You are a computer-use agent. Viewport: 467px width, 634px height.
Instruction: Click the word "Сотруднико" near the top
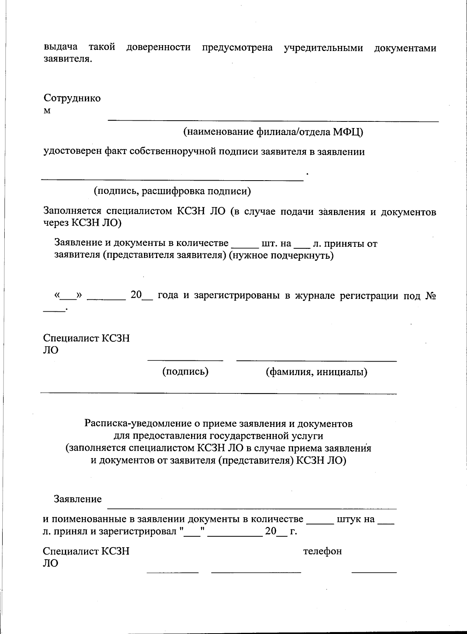coord(72,98)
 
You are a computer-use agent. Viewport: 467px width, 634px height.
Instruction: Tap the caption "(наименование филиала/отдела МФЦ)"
coord(273,132)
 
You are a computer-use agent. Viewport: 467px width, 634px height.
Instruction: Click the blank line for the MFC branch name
coord(272,120)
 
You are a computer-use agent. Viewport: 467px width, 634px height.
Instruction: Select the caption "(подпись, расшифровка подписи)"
coord(172,191)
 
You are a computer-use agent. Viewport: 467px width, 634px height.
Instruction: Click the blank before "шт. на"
coord(245,246)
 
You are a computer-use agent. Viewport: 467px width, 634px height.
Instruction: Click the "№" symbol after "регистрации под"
coord(430,296)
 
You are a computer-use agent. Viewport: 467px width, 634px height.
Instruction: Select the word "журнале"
coord(315,296)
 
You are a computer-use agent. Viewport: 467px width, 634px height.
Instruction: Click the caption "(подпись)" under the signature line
coord(185,372)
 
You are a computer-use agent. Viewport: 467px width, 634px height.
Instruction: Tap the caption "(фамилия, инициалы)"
coord(316,372)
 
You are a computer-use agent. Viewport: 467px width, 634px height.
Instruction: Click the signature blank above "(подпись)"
coord(185,360)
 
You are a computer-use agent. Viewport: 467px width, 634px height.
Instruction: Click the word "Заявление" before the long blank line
coord(78,499)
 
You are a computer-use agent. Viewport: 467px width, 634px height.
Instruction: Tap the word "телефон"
coord(322,551)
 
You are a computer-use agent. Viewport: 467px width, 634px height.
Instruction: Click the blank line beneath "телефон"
coord(374,571)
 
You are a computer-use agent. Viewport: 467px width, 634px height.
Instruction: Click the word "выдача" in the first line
coord(60,47)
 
